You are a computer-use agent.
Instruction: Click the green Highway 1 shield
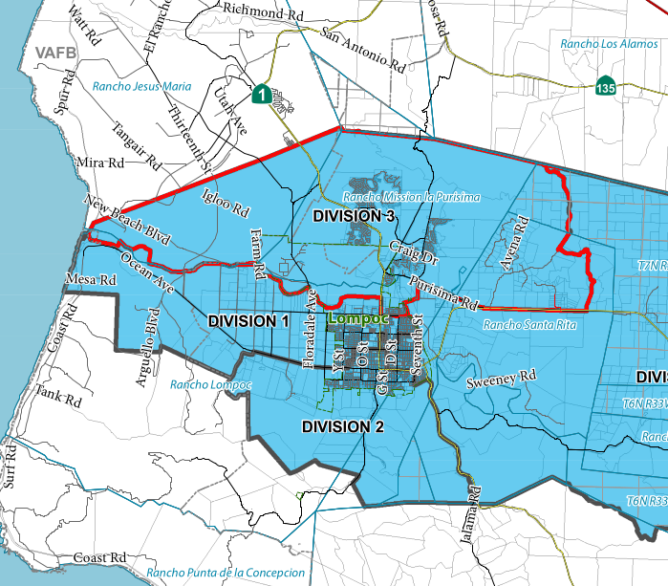tap(260, 94)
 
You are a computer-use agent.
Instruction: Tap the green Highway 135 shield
tap(605, 84)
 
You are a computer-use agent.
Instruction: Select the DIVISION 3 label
tap(353, 217)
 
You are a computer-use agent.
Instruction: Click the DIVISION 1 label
tap(248, 321)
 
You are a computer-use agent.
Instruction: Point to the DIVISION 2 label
tap(342, 425)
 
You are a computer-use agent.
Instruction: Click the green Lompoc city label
tap(356, 316)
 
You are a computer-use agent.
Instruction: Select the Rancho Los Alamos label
tap(608, 44)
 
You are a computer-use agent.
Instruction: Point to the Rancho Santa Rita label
tap(529, 325)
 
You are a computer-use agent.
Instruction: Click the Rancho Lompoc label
tap(210, 384)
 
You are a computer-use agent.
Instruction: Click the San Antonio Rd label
tap(362, 51)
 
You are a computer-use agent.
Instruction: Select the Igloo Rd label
tap(226, 198)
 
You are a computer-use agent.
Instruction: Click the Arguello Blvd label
tap(150, 334)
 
